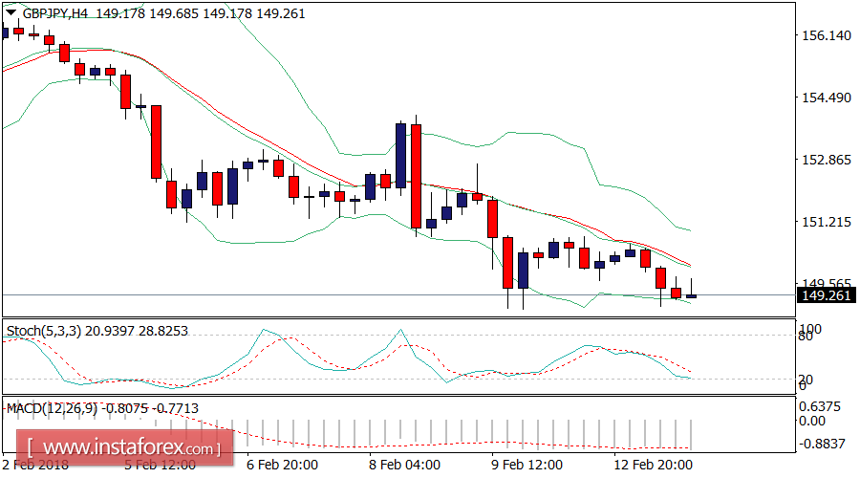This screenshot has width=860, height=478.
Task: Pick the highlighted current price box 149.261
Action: (x=825, y=296)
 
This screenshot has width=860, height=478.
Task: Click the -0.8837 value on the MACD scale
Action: (x=823, y=444)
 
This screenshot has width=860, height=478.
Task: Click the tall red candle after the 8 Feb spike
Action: (x=417, y=177)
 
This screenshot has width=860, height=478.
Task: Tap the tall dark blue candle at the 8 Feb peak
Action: (x=400, y=153)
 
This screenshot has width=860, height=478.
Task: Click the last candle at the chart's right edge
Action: (x=692, y=295)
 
